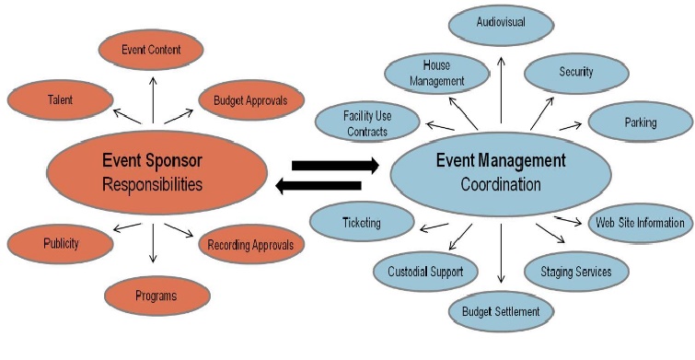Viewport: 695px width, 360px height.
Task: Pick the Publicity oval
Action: coord(60,244)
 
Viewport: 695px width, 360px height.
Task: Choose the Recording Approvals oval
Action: coord(251,245)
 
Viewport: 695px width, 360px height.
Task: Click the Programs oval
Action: coord(155,296)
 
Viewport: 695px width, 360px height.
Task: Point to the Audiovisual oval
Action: coord(501,22)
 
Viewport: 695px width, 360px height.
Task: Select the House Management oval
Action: coord(436,73)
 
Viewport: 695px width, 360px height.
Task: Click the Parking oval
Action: coord(640,122)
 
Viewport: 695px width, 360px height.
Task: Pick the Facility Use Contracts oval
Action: coord(366,123)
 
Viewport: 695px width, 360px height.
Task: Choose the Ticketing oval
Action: coord(359,222)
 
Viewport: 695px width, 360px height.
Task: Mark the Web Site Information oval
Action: coord(639,223)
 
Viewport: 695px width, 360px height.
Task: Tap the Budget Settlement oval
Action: coord(501,311)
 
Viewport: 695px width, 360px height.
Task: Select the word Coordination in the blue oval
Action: coord(502,184)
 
